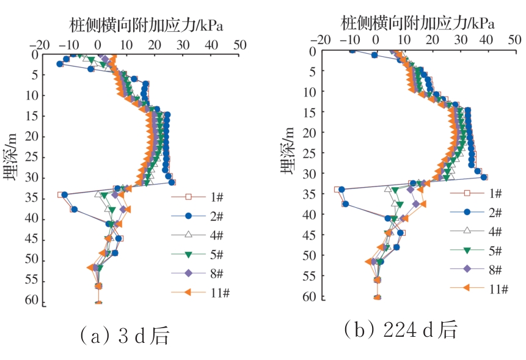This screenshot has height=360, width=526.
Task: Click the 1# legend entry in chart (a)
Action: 201,197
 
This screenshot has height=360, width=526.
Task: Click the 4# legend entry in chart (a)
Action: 201,235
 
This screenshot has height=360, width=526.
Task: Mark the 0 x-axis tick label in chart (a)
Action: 98,45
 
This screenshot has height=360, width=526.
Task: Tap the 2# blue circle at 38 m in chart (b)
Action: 345,204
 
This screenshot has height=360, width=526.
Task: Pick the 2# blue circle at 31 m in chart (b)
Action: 484,177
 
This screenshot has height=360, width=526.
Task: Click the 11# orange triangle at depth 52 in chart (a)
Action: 90,267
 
